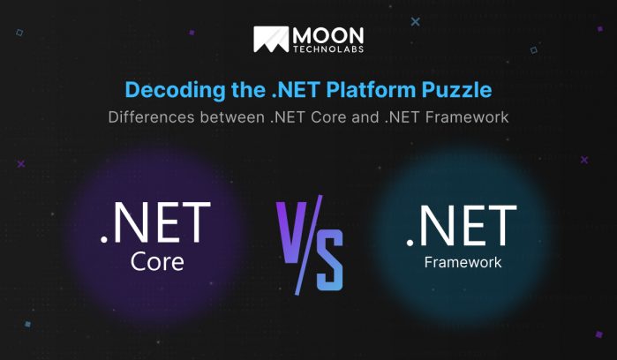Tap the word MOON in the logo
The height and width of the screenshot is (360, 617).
click(x=329, y=34)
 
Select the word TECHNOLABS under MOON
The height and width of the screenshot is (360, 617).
click(x=329, y=49)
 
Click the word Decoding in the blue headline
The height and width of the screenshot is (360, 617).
click(x=165, y=90)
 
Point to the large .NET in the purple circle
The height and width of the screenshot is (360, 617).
click(x=156, y=224)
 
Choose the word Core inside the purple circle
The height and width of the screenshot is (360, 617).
click(x=156, y=261)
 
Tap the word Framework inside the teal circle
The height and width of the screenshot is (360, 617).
click(x=463, y=262)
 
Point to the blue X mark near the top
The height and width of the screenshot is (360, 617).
click(x=416, y=21)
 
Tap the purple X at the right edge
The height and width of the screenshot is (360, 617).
click(x=584, y=160)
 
